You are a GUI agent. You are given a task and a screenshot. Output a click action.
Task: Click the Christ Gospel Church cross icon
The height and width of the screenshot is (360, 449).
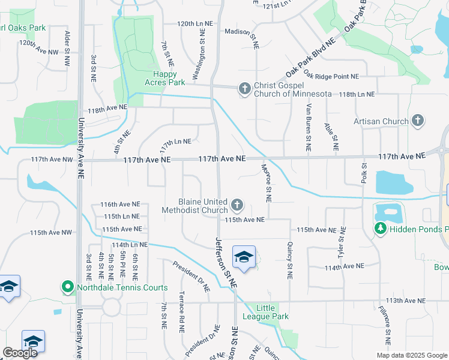[x=244, y=89]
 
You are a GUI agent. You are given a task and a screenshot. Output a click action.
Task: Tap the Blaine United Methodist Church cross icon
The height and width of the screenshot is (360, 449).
[x=237, y=206]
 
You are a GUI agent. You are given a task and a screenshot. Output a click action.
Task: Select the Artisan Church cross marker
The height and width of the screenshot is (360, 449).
[x=418, y=121]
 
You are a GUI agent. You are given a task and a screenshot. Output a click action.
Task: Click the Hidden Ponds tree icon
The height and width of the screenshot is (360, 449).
[x=381, y=229]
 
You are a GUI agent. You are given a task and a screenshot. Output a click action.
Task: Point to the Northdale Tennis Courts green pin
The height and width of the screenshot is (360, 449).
[x=68, y=288]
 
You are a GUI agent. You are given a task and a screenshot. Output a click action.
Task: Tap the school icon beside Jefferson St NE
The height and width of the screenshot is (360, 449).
[x=244, y=257]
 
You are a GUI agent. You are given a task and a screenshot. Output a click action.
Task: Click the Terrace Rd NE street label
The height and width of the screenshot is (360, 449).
[x=181, y=312]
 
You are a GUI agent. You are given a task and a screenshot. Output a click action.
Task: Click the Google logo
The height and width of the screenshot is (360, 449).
[x=20, y=353]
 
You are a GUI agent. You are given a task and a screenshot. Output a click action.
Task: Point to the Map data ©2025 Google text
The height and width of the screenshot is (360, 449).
[x=412, y=355]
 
